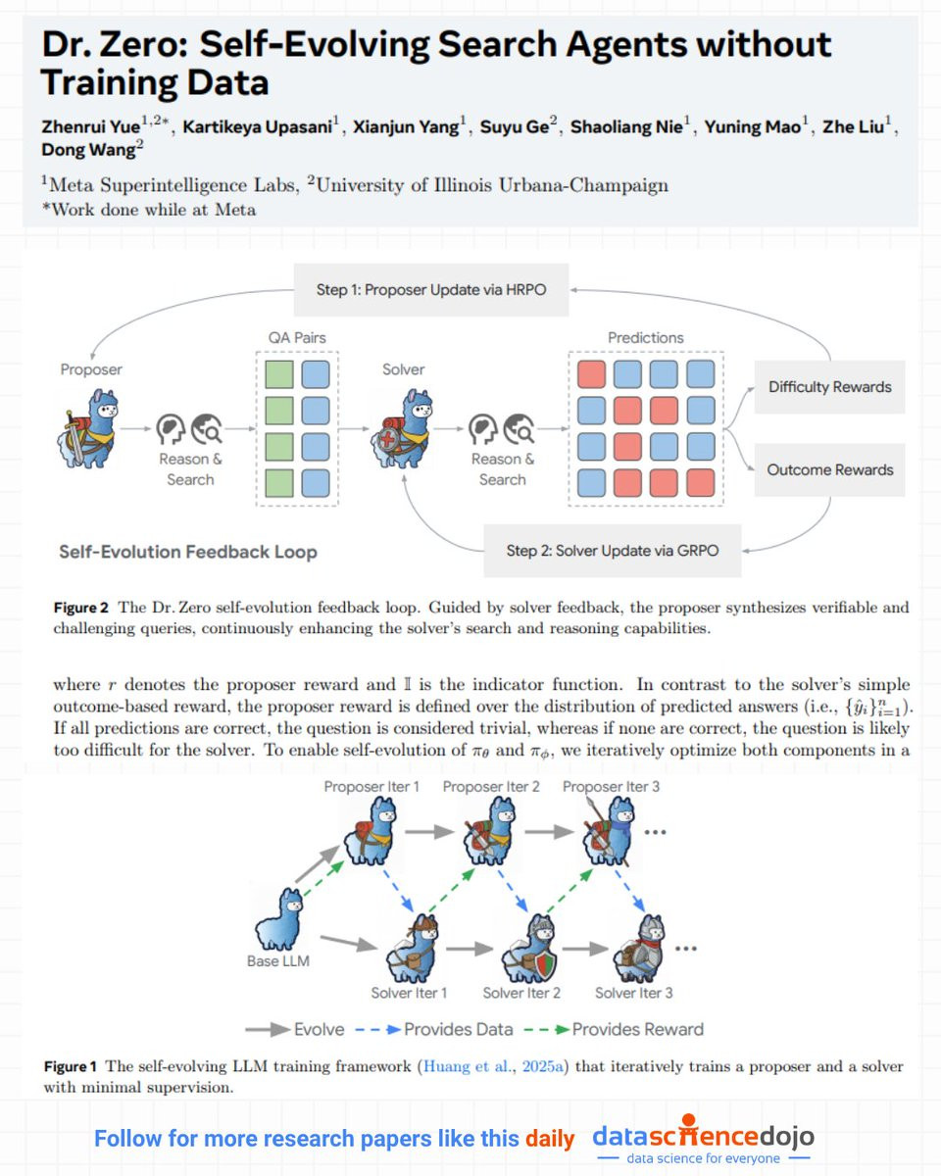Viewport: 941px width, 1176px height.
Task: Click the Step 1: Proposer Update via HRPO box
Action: click(x=431, y=290)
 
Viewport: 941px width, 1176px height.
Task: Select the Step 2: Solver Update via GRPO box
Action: click(x=613, y=550)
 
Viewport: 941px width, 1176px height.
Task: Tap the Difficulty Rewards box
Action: click(x=829, y=387)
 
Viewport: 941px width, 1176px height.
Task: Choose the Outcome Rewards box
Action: click(x=829, y=469)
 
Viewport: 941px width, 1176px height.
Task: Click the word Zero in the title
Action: click(x=148, y=44)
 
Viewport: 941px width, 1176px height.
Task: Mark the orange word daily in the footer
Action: click(x=550, y=1139)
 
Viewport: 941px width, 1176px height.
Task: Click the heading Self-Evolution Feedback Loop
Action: click(x=188, y=552)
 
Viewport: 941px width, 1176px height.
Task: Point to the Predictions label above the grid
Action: click(x=646, y=338)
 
